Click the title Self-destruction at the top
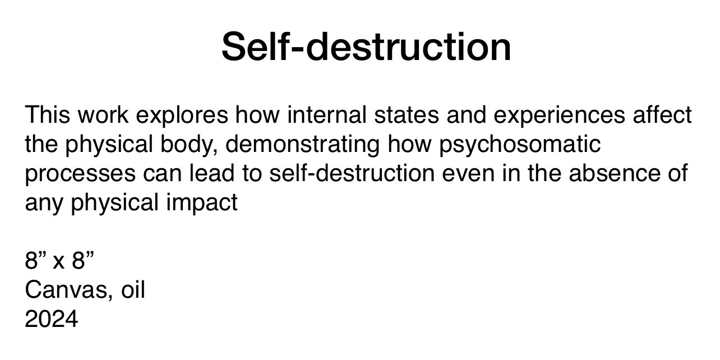coord(366,47)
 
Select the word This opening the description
coord(48,114)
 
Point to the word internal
coord(327,114)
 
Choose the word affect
coord(662,114)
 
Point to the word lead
coord(212,173)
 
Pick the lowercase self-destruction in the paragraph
coord(352,173)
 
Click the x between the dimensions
coord(58,264)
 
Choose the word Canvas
coord(67,290)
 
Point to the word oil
coord(133,290)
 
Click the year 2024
coord(52,319)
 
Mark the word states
coord(407,114)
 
